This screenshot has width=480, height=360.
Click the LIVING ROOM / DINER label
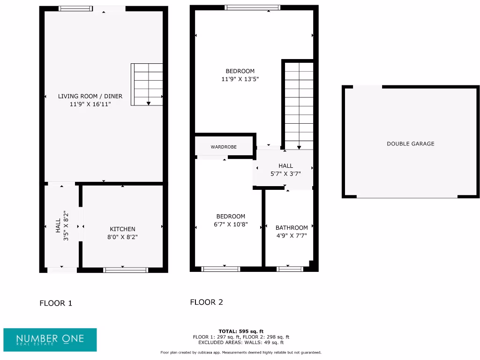click(x=90, y=96)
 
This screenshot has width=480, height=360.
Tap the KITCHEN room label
click(x=122, y=229)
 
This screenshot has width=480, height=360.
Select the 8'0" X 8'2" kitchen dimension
click(x=122, y=237)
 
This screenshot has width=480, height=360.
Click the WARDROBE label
click(x=224, y=147)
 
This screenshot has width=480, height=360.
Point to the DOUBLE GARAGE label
click(x=410, y=144)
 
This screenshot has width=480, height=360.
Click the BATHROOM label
click(x=292, y=228)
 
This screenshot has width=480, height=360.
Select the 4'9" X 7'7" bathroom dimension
click(x=292, y=236)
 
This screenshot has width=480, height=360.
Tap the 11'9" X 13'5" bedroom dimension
click(x=240, y=79)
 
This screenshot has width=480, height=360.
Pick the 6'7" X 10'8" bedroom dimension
click(x=231, y=225)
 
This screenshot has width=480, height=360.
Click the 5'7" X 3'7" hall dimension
click(x=285, y=173)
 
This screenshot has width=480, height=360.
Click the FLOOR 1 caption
click(x=56, y=303)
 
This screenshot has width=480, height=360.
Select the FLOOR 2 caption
click(x=206, y=302)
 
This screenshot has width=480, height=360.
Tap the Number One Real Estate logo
click(x=50, y=339)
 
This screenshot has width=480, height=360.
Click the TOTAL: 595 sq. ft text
click(x=241, y=331)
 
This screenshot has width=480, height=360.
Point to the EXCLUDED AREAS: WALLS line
click(x=241, y=343)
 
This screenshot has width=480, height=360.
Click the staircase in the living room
click(x=147, y=84)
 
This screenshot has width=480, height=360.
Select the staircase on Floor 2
click(x=299, y=105)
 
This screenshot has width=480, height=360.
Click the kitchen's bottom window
click(x=126, y=270)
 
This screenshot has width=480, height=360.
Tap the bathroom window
click(x=290, y=269)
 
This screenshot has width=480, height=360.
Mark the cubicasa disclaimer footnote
click(x=241, y=352)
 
